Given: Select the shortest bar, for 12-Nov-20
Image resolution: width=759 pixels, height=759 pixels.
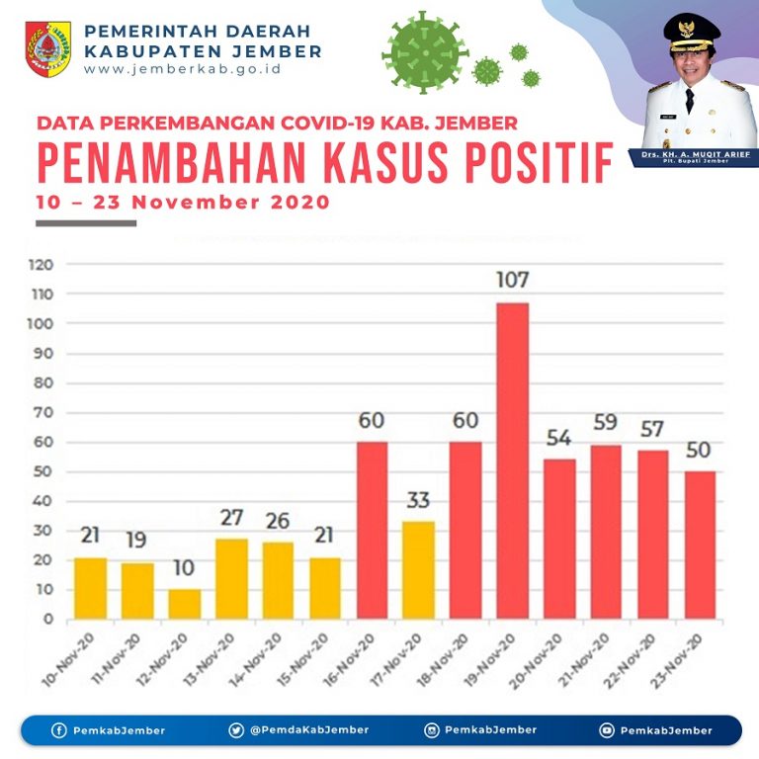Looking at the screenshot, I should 184,605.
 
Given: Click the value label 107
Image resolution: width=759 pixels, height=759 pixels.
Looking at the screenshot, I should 512,280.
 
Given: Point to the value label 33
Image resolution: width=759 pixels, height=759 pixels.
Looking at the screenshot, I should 418,500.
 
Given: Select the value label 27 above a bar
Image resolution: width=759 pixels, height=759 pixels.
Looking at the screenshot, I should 231,518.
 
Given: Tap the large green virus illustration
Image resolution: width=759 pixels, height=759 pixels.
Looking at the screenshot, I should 425,48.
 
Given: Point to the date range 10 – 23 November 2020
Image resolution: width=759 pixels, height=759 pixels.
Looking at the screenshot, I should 182,203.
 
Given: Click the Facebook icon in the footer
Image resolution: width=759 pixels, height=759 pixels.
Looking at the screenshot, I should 58,730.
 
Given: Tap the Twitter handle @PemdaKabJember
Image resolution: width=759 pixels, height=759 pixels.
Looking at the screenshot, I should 309,730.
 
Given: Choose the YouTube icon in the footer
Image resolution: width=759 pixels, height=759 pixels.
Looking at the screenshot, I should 606,730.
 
